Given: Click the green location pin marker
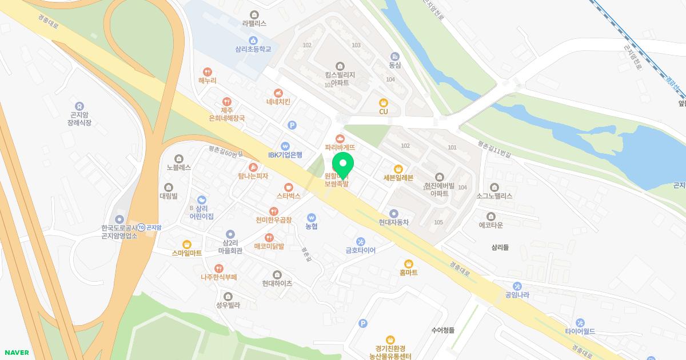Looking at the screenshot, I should [x=343, y=162].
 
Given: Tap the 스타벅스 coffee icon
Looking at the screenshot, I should [x=289, y=187].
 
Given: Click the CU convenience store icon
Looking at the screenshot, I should [x=384, y=102].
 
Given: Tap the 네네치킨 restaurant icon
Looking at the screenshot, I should [x=278, y=93].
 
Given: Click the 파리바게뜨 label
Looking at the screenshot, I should [x=340, y=147].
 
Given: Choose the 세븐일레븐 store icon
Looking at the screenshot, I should [x=398, y=169].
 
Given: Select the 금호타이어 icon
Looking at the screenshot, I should [x=360, y=241].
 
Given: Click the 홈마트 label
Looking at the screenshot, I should [x=408, y=273].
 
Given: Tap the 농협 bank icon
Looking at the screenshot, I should [x=312, y=218].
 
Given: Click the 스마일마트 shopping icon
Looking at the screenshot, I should [x=187, y=244].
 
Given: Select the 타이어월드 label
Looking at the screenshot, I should [x=580, y=331].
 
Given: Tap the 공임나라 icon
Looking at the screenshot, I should [x=517, y=286].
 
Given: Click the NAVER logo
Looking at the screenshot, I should [x=16, y=353].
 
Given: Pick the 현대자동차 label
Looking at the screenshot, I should [x=394, y=222].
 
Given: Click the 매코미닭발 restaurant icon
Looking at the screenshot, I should [x=269, y=238].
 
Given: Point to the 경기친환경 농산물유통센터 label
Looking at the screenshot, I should [x=390, y=353].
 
